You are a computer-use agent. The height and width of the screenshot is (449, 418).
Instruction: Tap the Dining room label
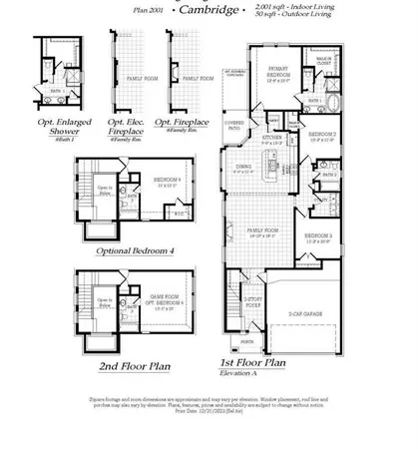click(x=243, y=168)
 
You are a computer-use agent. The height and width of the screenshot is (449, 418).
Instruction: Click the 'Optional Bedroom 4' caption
click(x=134, y=250)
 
